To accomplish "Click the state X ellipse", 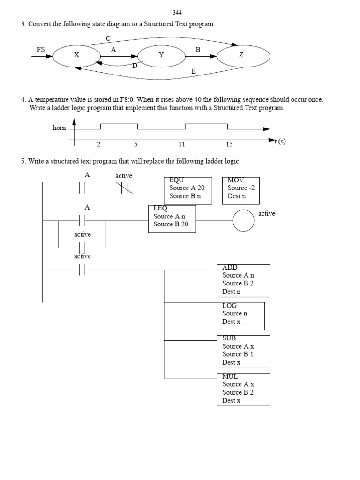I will click(x=77, y=55).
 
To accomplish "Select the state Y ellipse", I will click(x=161, y=55).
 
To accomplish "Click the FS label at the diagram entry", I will click(x=41, y=49).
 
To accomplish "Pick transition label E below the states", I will click(x=193, y=72).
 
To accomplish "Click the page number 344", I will click(x=178, y=12).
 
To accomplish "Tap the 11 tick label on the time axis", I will click(x=181, y=144).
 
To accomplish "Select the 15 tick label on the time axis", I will click(x=229, y=144).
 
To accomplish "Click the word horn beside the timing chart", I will click(x=59, y=128).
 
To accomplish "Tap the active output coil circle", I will click(x=244, y=220).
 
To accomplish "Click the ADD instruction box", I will click(x=243, y=280).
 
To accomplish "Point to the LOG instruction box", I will click(x=240, y=315).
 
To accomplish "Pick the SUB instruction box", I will click(x=243, y=351).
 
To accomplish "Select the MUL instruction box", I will click(x=243, y=389).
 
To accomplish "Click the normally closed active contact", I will click(x=124, y=188).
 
